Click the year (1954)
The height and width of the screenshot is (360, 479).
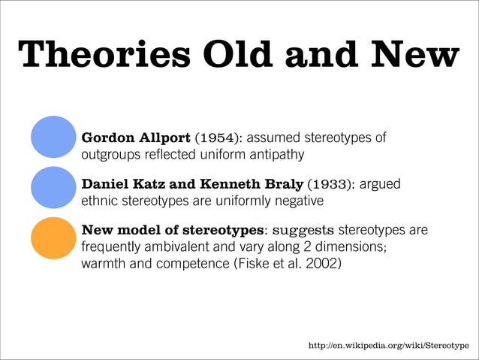click(218, 138)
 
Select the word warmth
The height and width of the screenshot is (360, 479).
click(104, 263)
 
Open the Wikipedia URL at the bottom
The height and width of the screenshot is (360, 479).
click(389, 345)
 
